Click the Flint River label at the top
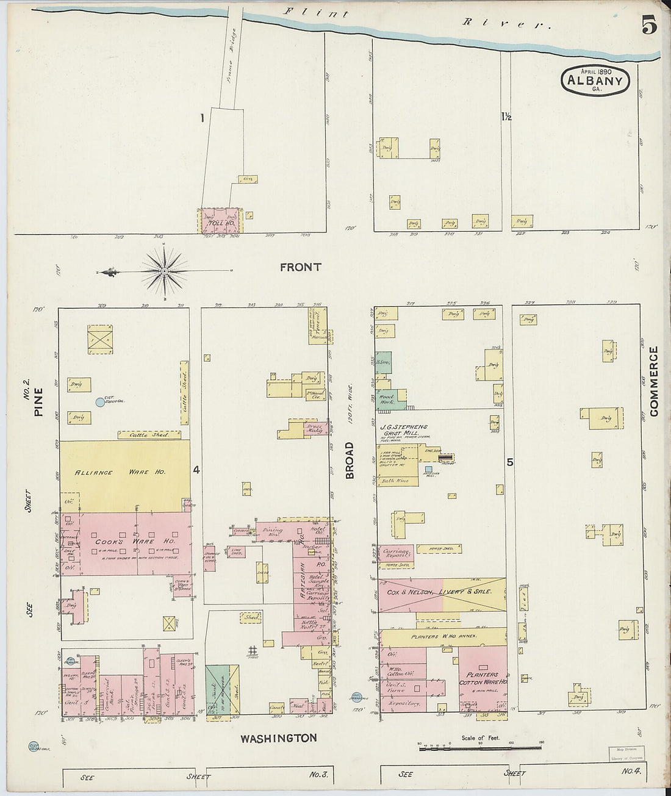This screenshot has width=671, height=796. [x=415, y=18]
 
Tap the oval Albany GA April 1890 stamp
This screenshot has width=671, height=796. [x=595, y=81]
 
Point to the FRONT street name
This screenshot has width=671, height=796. [x=300, y=267]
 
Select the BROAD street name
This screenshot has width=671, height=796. [x=350, y=461]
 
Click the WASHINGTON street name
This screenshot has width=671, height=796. [x=278, y=738]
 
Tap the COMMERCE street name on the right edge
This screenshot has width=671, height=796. [x=654, y=381]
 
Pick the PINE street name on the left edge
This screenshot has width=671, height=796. [x=38, y=402]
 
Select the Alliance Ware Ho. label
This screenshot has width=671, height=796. [x=124, y=473]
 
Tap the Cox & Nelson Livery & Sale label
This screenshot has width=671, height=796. [x=439, y=592]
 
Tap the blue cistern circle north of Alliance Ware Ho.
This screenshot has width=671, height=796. [x=100, y=402]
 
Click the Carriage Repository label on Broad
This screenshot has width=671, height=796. [x=395, y=553]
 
